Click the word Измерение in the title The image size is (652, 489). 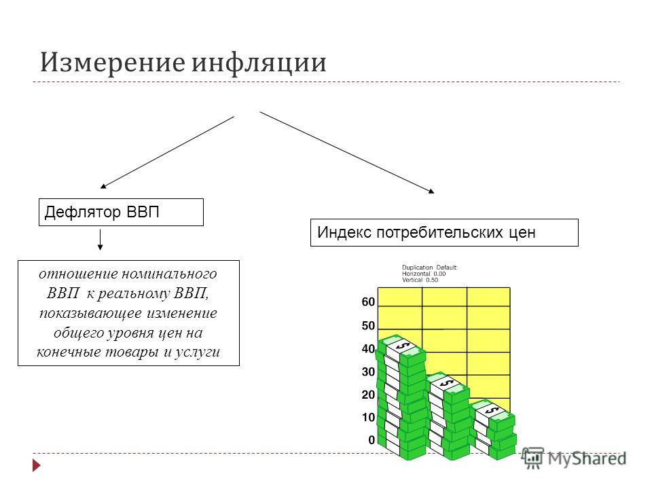pos(113,62)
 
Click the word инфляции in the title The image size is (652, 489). pos(259,63)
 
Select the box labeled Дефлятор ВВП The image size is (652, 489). pos(121,212)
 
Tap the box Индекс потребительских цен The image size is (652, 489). pos(444,232)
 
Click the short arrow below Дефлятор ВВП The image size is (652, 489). pos(101,239)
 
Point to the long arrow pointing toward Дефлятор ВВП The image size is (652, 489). pos(167,152)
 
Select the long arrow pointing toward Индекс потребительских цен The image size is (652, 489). pos(347,153)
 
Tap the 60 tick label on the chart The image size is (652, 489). pos(368,302)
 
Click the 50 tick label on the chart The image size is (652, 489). pos(368,325)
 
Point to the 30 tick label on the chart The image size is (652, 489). pos(368,372)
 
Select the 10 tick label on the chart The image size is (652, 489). pos(368,418)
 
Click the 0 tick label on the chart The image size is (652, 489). pos(372,440)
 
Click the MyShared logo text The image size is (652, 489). pos(587,458)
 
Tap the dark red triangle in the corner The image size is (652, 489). pos(37,465)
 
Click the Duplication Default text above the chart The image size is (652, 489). pos(429,268)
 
